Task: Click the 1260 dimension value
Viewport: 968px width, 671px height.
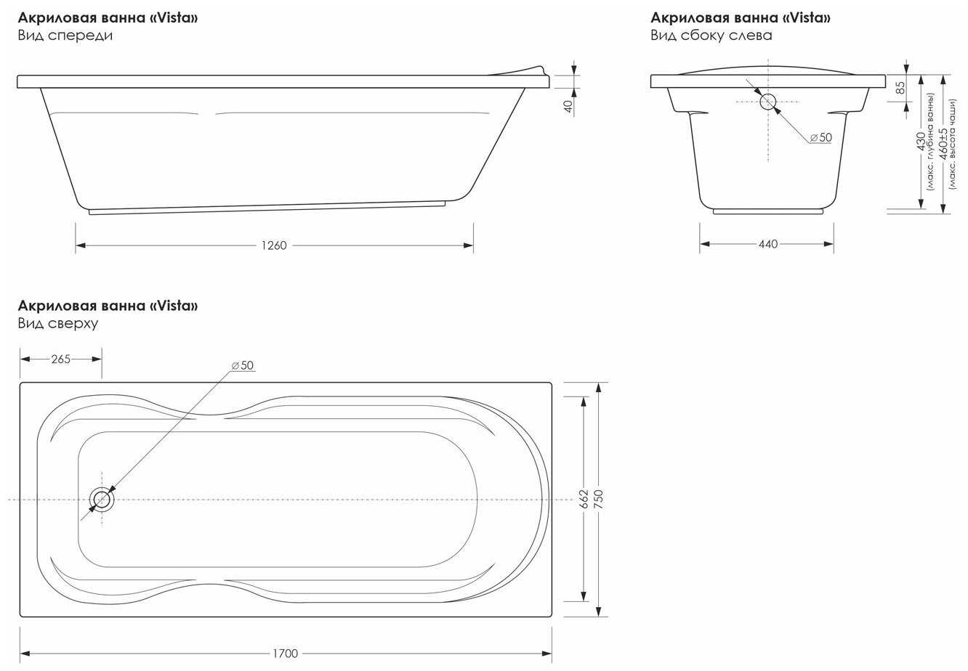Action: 274,245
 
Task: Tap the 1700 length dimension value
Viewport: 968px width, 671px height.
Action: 285,654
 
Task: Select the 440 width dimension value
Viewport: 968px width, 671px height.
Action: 768,244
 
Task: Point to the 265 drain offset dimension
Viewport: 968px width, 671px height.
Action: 60,359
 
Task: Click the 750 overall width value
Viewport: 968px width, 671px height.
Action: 599,499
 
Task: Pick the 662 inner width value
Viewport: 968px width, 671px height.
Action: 584,499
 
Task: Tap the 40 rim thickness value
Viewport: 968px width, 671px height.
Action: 569,106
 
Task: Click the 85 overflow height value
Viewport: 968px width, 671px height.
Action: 900,88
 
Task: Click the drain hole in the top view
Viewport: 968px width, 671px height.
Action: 102,500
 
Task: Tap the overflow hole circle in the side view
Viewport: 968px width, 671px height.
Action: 768,102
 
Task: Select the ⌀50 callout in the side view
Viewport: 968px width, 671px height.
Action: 820,137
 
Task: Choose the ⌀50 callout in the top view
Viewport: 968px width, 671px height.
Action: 243,365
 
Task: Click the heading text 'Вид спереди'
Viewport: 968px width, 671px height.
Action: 65,36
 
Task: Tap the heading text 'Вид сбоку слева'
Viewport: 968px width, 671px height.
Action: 711,36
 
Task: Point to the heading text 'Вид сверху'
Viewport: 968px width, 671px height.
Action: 58,323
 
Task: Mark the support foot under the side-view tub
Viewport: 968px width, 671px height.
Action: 768,211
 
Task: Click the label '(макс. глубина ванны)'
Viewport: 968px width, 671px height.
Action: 930,142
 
